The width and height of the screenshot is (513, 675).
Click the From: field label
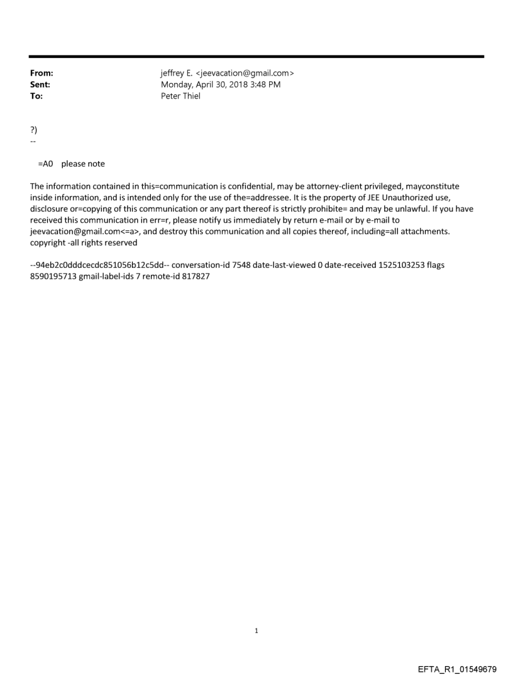41,74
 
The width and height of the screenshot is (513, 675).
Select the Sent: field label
40,85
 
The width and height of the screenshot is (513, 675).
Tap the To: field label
36,96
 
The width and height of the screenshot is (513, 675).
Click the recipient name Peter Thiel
180,96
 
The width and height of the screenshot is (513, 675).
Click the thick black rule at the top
256,57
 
